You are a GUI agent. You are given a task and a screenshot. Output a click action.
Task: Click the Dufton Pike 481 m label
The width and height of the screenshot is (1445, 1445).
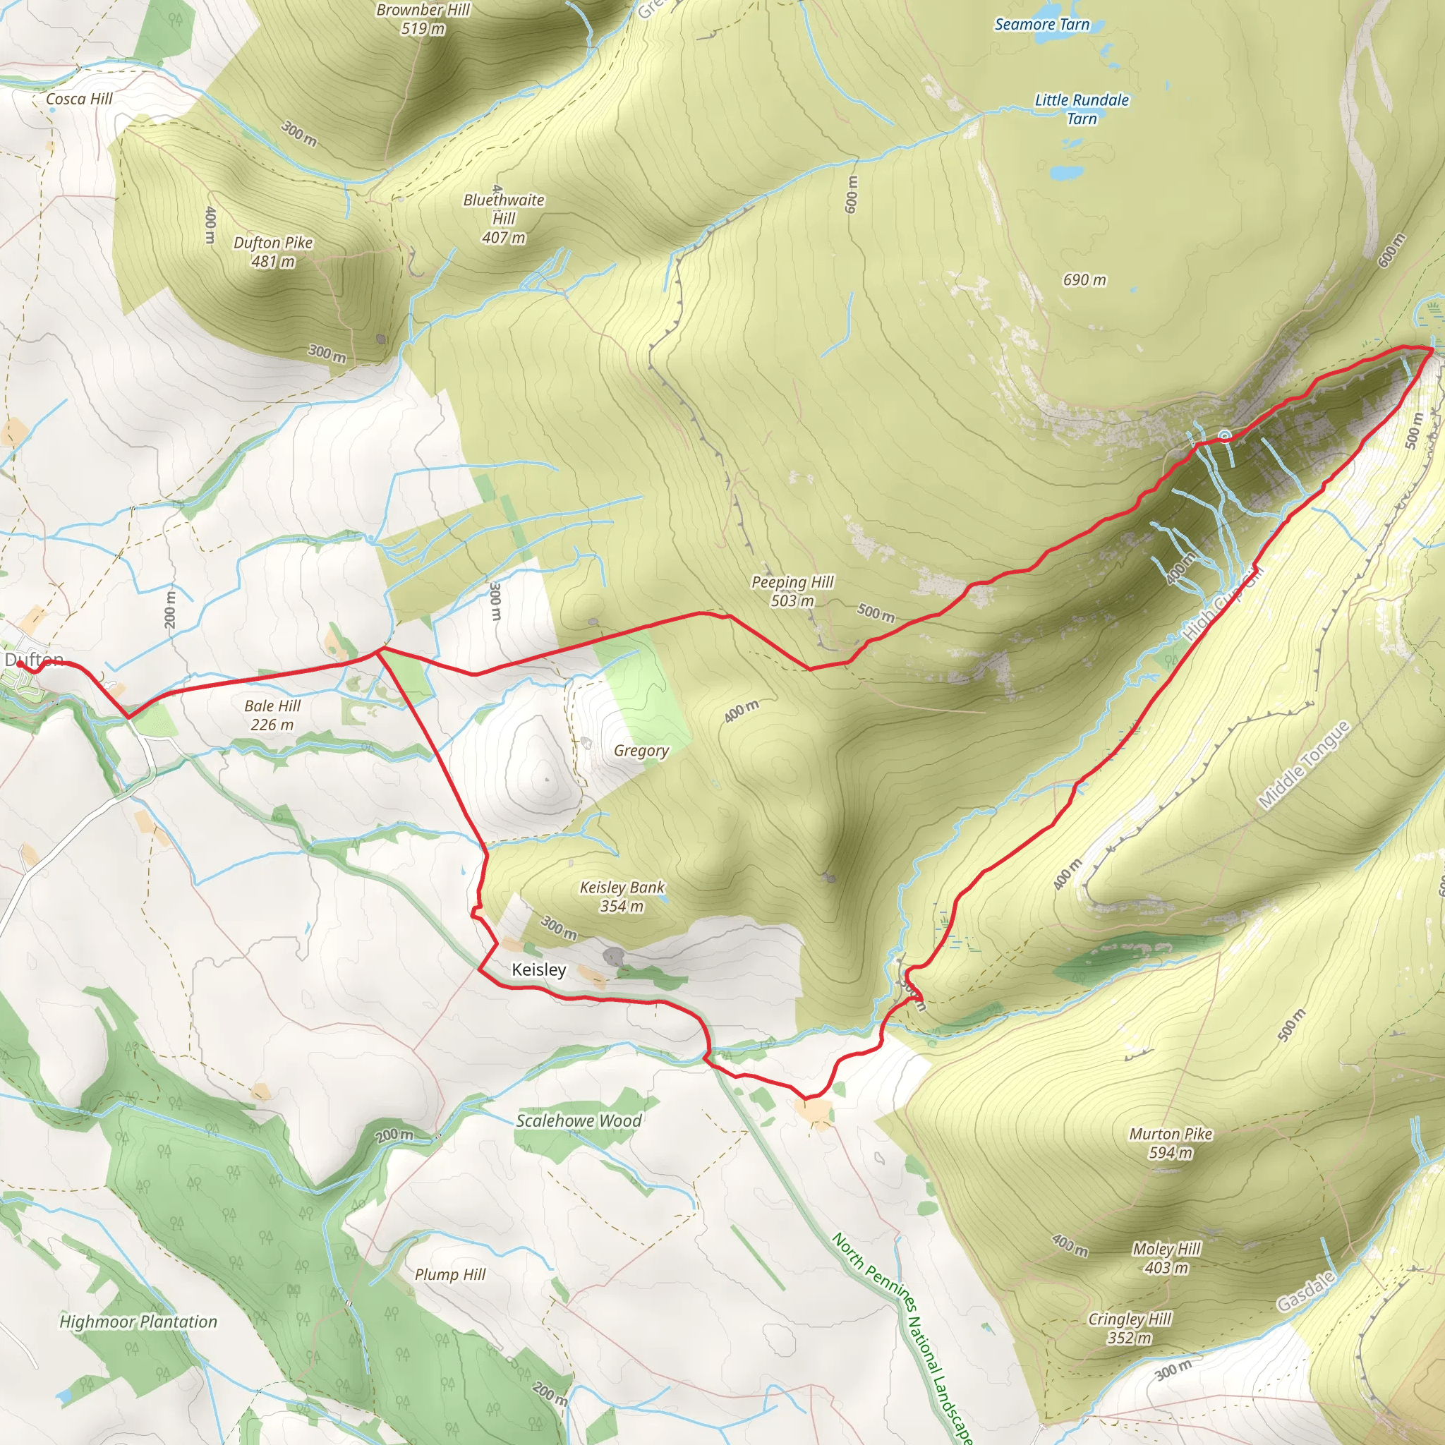(x=273, y=252)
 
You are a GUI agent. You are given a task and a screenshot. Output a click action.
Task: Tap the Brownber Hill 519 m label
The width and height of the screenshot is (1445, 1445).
(x=423, y=19)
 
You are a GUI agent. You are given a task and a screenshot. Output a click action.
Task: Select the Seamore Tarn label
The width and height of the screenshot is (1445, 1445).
(x=1042, y=25)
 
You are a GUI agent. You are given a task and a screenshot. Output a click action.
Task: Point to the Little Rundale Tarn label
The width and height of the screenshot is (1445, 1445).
(x=1082, y=109)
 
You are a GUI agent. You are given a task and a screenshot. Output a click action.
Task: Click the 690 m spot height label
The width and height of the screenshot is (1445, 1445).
(x=1084, y=279)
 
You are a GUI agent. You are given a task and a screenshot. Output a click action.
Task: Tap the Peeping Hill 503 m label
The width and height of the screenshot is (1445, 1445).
(x=792, y=591)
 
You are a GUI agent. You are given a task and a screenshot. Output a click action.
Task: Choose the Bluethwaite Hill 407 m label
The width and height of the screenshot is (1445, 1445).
(x=503, y=219)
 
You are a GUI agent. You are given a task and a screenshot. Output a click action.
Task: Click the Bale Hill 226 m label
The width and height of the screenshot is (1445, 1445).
(x=272, y=715)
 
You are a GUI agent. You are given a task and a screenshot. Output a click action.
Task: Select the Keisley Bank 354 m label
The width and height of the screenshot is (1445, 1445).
(x=622, y=896)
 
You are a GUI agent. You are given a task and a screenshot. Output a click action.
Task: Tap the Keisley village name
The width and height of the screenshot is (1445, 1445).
(x=538, y=969)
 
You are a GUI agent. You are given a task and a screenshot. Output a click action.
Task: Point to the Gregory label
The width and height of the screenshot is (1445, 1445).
(x=641, y=750)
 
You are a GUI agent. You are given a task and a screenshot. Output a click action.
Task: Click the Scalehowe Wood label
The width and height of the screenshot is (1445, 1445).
(x=578, y=1120)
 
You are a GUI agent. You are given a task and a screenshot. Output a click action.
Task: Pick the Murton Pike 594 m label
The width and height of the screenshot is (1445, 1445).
(x=1171, y=1143)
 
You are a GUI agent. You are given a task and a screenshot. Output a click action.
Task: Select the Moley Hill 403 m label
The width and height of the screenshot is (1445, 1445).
(x=1166, y=1258)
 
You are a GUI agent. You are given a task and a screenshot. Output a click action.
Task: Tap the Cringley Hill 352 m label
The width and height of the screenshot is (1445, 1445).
(x=1130, y=1328)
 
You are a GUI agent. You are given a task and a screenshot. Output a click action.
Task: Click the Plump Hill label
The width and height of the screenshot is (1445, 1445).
(x=450, y=1274)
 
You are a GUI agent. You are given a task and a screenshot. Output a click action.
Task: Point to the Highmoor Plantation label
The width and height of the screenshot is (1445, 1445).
(x=138, y=1322)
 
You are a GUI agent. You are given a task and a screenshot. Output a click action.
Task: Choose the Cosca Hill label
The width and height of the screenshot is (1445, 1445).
(x=79, y=99)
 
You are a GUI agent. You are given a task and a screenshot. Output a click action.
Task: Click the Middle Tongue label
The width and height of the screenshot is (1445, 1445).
(x=1304, y=764)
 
